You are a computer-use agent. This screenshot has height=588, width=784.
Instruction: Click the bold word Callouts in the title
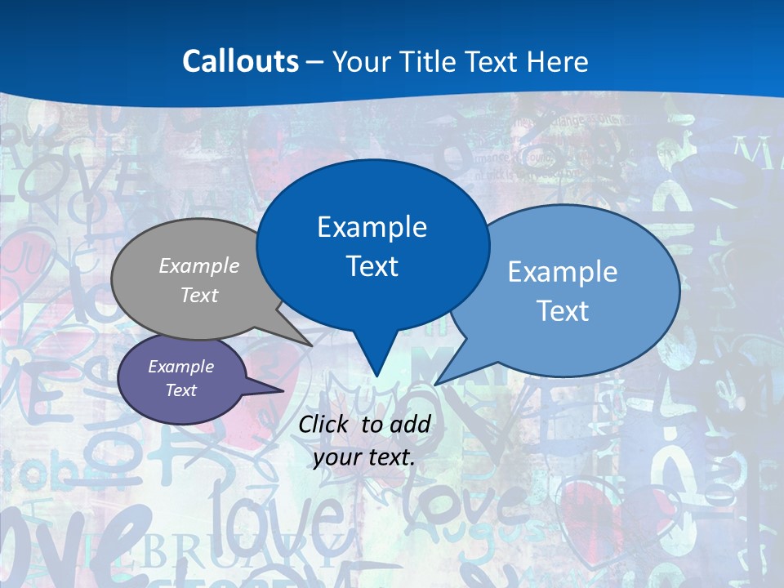[x=241, y=61]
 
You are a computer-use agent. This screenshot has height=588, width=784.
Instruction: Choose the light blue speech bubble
[x=621, y=327]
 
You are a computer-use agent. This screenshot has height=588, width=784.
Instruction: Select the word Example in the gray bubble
[x=199, y=265]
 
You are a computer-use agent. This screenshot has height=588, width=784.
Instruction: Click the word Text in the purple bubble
[x=181, y=390]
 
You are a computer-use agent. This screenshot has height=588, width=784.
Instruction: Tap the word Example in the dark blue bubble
[x=372, y=227]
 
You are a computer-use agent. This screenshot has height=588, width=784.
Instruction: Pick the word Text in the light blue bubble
[x=563, y=311]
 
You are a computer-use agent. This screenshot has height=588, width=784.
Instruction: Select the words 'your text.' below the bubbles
[x=364, y=457]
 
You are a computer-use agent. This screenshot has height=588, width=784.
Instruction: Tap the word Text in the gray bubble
[x=199, y=295]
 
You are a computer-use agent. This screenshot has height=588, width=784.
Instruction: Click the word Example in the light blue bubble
[x=563, y=272]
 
